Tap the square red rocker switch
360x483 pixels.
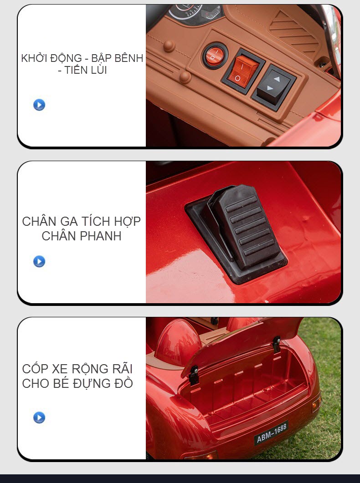[x=243, y=71]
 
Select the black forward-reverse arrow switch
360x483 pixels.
[x=273, y=86]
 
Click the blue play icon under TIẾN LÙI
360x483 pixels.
[x=39, y=105]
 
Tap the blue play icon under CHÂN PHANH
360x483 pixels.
[x=39, y=261]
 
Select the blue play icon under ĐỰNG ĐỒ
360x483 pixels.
[x=39, y=417]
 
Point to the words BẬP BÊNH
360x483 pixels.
[x=117, y=58]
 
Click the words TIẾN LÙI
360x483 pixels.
[x=86, y=71]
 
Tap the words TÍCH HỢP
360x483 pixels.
[x=111, y=222]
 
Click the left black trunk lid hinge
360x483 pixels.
[x=194, y=374]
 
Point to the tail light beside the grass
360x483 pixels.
[x=316, y=402]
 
